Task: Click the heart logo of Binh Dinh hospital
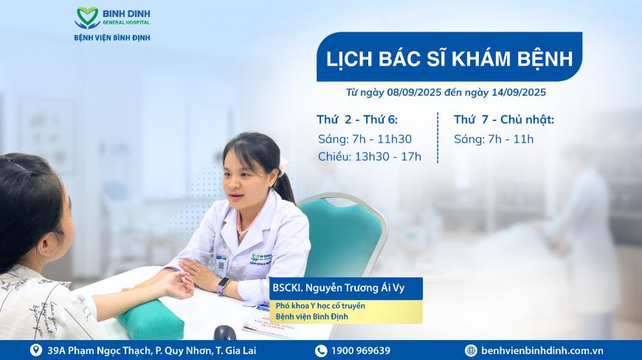(87, 18)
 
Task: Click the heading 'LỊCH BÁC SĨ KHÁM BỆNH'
(449, 58)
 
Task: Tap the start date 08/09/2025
(415, 92)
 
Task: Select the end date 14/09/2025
(519, 92)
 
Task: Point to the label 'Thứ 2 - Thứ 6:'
(357, 120)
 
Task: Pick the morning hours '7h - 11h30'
(382, 139)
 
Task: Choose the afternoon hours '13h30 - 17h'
(387, 156)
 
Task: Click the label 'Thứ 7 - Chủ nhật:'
(503, 120)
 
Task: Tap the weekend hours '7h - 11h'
(511, 139)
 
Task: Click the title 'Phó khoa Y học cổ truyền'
(320, 305)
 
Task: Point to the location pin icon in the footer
(36, 350)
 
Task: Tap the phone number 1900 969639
(360, 350)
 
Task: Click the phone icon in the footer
(320, 350)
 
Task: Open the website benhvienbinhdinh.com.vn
(542, 350)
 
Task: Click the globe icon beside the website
(471, 350)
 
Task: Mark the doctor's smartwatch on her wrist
(223, 285)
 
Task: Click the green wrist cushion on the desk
(151, 320)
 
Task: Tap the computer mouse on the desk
(225, 333)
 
